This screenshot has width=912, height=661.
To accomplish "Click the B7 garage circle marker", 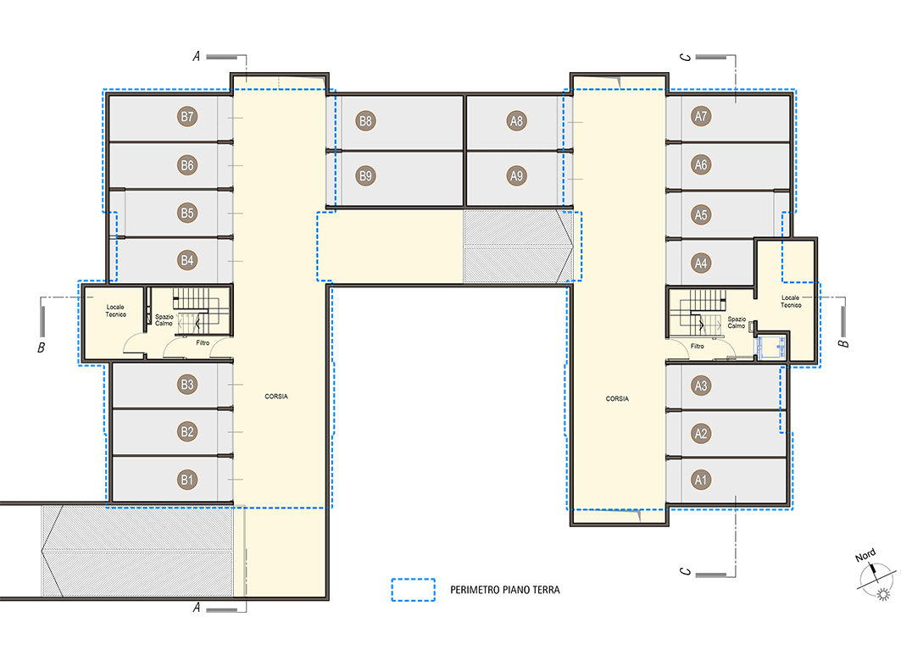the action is click(186, 117).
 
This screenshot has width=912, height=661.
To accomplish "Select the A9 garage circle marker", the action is click(516, 175).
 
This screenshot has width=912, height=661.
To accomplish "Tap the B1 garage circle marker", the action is click(186, 480).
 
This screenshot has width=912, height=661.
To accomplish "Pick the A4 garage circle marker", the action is click(701, 264).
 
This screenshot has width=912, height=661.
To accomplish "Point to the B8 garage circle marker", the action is click(365, 121).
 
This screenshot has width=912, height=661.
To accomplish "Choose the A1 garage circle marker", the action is click(701, 480).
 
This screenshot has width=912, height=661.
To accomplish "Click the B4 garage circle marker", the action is click(186, 260).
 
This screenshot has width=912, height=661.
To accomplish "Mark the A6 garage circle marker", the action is click(701, 165).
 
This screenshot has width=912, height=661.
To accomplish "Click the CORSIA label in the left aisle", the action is click(276, 397).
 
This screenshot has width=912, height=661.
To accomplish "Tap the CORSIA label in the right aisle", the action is click(617, 399).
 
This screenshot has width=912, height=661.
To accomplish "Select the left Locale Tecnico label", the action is click(116, 310).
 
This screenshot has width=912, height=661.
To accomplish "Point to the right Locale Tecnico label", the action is click(791, 301).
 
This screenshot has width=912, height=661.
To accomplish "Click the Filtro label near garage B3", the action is click(203, 343).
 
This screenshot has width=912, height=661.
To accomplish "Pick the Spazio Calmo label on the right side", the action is click(737, 322).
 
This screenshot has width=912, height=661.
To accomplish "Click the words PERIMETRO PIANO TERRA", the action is click(505, 590).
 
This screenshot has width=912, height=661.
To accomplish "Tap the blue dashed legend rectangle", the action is click(413, 580).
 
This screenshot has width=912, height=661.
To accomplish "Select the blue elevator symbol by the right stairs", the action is click(770, 347).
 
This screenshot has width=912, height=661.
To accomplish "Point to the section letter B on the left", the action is click(42, 347).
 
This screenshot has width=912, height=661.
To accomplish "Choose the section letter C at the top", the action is click(686, 57).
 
